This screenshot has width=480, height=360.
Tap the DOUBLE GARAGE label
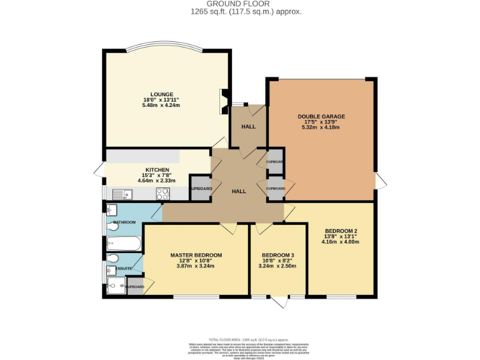[321, 116]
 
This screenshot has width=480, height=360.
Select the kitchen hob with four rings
[163, 194]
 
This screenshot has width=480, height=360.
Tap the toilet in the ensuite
[113, 258]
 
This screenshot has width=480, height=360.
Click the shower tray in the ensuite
[116, 286]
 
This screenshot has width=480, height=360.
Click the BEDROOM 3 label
[278, 255]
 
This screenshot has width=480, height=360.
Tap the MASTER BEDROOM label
[196, 255]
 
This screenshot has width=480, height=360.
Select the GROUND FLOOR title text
[240, 4]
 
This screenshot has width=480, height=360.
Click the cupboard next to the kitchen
[201, 189]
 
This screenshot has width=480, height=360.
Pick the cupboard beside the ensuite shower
[135, 287]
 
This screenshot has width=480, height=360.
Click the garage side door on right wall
[381, 181]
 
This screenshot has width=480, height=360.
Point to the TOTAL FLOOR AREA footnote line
[239, 337]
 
